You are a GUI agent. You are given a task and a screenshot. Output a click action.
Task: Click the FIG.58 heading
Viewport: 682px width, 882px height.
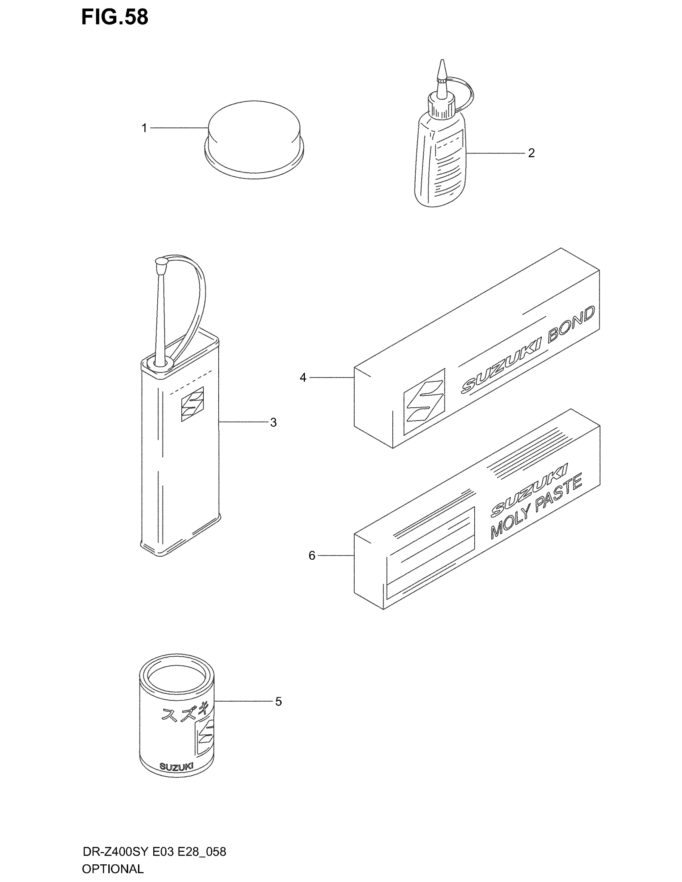pos(115,17)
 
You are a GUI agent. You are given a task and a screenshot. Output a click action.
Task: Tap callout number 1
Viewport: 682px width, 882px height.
pos(144,128)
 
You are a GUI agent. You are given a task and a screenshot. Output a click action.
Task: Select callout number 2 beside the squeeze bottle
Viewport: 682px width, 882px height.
pos(531,153)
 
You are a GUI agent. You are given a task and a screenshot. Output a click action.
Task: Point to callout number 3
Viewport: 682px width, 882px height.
pos(274,423)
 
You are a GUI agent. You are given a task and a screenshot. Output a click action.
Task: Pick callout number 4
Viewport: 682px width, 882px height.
pos(303,378)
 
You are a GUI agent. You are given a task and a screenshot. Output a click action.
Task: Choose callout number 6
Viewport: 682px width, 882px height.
pos(312,556)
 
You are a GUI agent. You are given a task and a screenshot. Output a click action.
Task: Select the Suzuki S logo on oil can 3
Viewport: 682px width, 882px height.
pos(192,404)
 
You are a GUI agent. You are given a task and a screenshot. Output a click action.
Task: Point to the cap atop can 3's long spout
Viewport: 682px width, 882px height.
pos(162,267)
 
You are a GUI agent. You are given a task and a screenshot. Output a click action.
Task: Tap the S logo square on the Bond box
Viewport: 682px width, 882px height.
pos(424,401)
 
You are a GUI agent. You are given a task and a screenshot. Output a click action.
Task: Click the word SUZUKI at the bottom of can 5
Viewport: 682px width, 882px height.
pos(176,767)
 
